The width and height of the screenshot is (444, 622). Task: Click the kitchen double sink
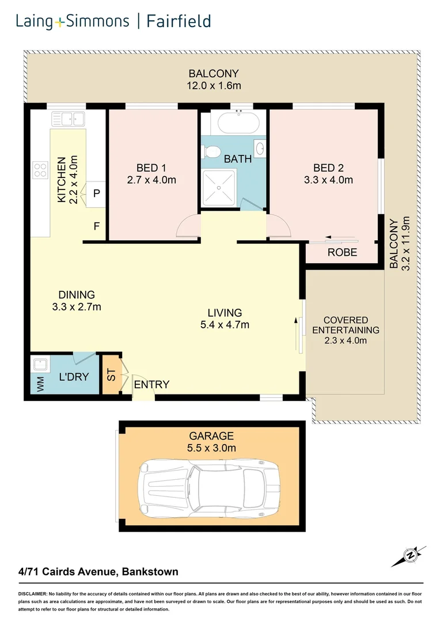[x=68, y=119]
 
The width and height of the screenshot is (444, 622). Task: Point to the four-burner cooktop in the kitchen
[x=40, y=169]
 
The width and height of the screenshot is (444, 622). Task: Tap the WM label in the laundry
[x=40, y=385]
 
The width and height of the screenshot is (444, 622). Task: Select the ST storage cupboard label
[x=111, y=374]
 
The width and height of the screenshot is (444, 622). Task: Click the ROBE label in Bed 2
[x=342, y=252]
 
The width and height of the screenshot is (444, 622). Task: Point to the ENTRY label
[x=151, y=384]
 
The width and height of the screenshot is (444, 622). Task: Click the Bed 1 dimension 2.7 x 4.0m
[x=151, y=180]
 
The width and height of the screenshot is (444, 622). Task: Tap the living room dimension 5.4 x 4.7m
[x=228, y=325]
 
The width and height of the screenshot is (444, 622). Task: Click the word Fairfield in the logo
[x=178, y=22]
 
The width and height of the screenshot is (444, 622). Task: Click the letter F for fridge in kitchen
[x=97, y=226]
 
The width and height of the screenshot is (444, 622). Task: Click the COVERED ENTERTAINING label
[x=346, y=325]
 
